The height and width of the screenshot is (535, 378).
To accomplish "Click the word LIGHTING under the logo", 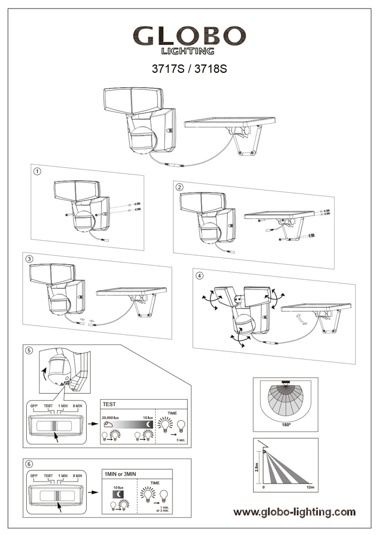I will point(188,51).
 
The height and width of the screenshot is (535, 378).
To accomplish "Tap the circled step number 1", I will point(37,172).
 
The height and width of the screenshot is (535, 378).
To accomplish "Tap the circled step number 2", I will point(179,187).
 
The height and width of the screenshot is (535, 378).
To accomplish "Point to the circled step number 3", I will point(29,258).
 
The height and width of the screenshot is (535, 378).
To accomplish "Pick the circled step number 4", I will point(200,276).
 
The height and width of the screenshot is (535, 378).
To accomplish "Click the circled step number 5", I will point(29,350).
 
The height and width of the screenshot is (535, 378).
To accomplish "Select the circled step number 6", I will point(29,464).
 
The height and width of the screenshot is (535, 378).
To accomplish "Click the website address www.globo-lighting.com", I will point(294,512).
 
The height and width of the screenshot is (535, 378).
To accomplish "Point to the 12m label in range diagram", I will point(310,488).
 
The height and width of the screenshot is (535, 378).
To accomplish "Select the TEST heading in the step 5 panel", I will point(110,404).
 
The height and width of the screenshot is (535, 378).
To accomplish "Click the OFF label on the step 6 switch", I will point(34,475).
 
